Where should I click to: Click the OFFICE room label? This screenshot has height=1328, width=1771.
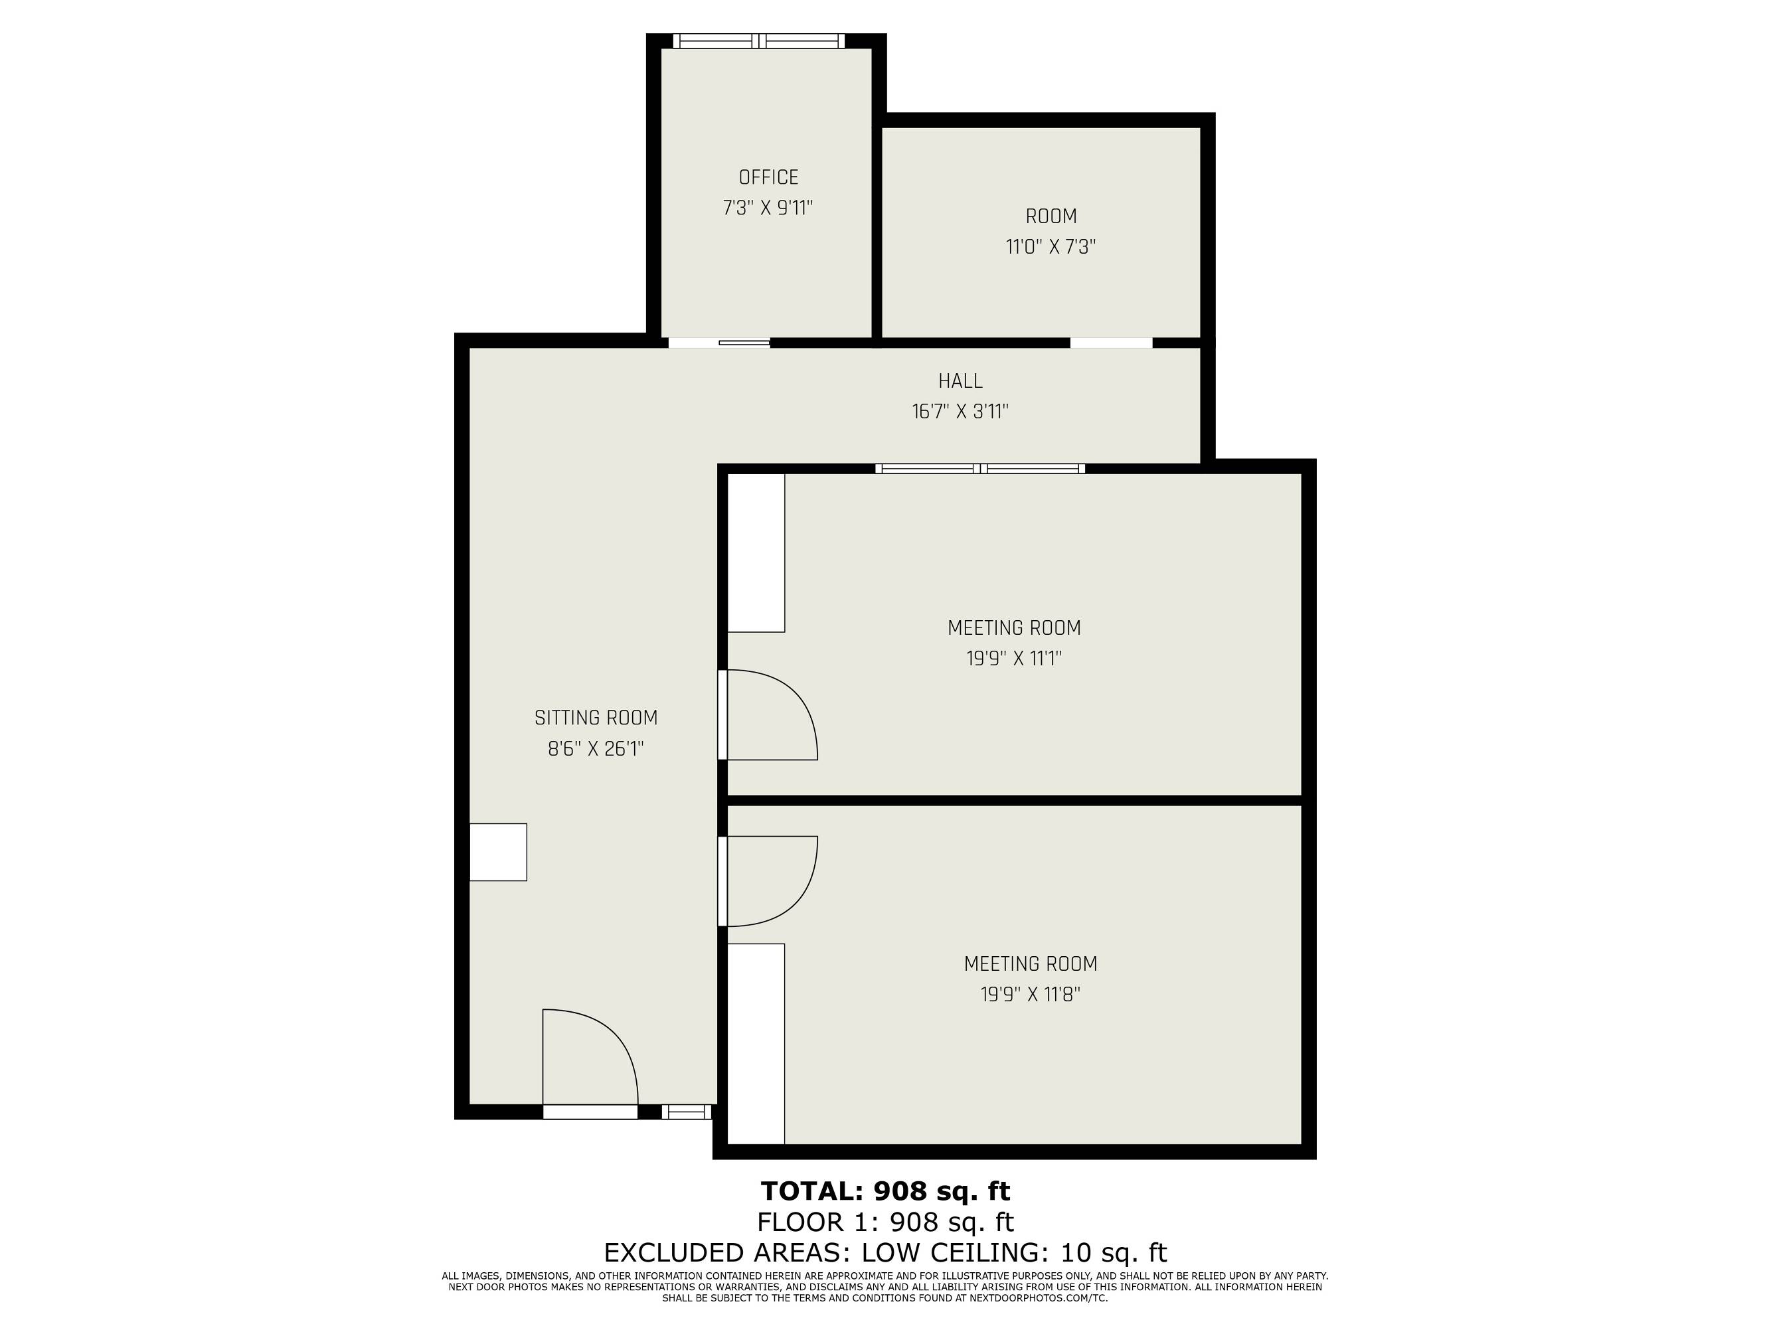768,177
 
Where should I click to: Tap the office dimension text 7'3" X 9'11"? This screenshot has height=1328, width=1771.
768,208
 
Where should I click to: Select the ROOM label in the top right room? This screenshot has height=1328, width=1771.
1051,216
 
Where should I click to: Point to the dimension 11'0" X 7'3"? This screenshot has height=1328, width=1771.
1051,246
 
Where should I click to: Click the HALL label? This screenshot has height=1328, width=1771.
960,381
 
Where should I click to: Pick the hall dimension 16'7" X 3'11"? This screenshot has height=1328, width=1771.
960,412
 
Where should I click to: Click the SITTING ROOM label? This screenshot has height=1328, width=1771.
596,718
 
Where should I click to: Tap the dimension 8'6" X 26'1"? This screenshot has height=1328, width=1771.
596,749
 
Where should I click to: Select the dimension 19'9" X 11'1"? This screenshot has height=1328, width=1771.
1015,659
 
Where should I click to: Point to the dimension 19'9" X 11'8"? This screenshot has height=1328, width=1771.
1031,994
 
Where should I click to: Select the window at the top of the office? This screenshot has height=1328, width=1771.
758,41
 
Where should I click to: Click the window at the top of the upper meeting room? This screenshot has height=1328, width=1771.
980,468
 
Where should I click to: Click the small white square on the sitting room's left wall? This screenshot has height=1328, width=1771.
498,852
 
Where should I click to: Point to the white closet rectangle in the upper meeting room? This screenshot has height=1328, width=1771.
756,553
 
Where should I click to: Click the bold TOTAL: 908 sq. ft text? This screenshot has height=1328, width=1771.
886,1191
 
